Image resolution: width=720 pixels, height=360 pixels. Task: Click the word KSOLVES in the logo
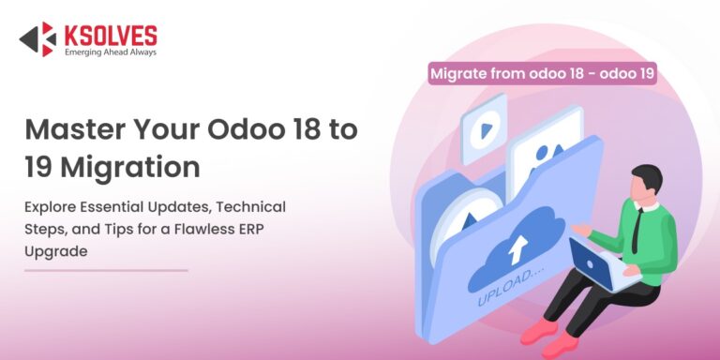tap(111, 35)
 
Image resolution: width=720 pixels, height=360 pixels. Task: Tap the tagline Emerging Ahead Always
tap(111, 52)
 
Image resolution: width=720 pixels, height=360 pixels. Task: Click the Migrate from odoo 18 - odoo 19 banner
tap(542, 73)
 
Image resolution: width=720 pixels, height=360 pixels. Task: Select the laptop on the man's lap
tap(592, 264)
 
